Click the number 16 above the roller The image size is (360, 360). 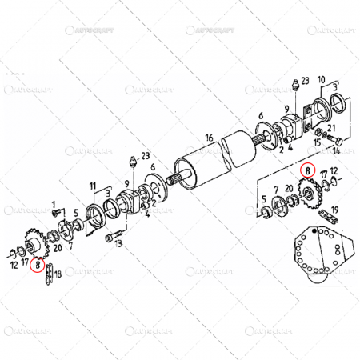208,138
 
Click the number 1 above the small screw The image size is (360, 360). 54,204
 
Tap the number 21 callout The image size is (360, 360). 332,127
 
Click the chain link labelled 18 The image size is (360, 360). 50,273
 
